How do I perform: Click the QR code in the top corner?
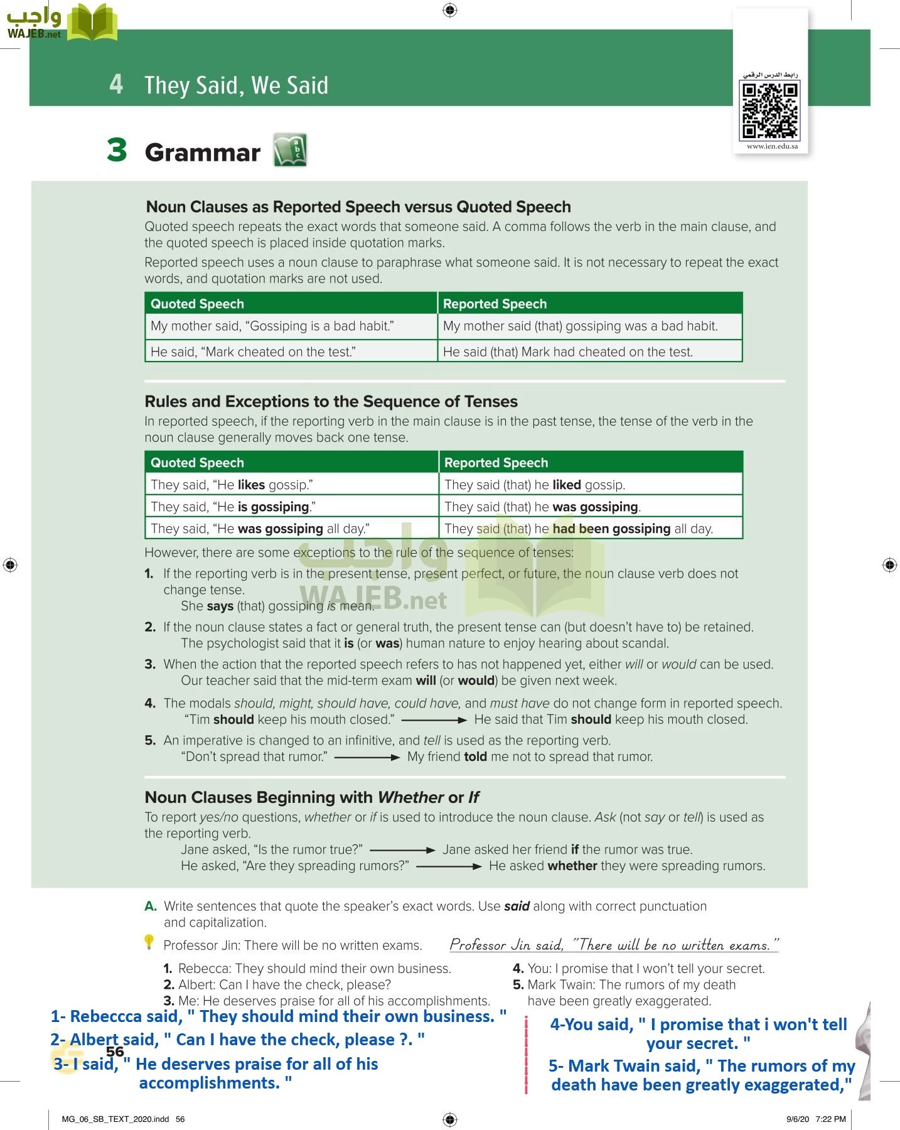[770, 110]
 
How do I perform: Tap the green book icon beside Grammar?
[290, 151]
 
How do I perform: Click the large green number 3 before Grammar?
[117, 151]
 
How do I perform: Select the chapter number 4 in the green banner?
[116, 84]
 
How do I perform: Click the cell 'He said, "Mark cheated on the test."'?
[253, 352]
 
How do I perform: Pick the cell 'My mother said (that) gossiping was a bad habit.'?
[580, 326]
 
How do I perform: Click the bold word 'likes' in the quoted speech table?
[251, 485]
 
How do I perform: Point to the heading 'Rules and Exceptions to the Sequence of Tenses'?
[331, 402]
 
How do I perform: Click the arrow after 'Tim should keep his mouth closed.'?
[434, 720]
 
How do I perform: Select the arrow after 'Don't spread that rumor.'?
[367, 757]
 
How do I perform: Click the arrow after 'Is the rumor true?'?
[402, 850]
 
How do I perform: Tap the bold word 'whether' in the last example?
[572, 866]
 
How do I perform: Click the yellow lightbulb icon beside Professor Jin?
[149, 942]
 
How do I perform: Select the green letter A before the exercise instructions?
[150, 907]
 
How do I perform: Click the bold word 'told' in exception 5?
[475, 757]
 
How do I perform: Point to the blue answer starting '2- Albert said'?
[237, 1040]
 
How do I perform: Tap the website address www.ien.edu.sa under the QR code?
[772, 146]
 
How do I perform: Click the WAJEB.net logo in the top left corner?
[61, 23]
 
